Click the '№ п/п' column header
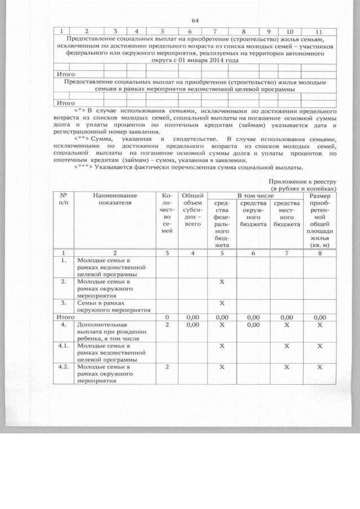click(x=64, y=199)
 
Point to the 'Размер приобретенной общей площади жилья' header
click(x=320, y=220)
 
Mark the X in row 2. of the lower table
click(x=222, y=281)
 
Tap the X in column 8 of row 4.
click(x=319, y=325)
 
